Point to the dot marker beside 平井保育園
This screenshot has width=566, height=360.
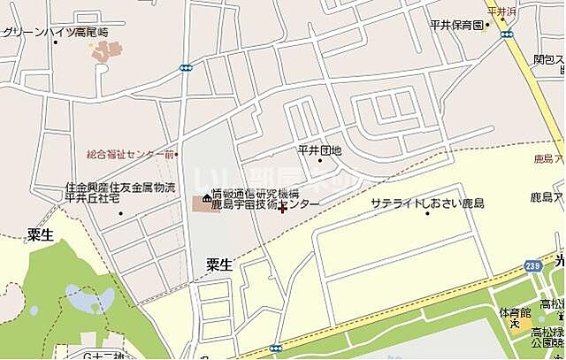coord(487,26)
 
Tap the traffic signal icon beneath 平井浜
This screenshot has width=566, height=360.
coord(507,34)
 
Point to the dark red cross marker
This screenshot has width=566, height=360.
coord(282,210)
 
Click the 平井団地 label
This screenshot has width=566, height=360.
coord(319,150)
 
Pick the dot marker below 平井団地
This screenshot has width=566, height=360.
coord(319,162)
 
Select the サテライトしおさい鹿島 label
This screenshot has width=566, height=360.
coord(427,203)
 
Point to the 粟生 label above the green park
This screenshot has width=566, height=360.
coord(41,234)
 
